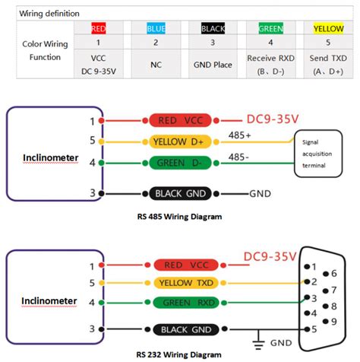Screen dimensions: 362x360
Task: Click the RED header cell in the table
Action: [x=99, y=28]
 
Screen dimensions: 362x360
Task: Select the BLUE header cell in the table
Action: [x=156, y=28]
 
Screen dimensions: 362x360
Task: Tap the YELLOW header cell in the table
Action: [x=328, y=28]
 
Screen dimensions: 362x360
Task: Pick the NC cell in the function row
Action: [x=156, y=65]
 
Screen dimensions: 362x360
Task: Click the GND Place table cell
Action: [x=213, y=65]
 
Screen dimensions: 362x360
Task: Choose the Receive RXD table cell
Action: [x=270, y=64]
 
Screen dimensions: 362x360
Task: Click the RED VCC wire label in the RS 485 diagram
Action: [x=182, y=120]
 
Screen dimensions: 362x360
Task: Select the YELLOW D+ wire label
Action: [x=182, y=141]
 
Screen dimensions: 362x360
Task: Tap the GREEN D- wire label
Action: [x=182, y=162]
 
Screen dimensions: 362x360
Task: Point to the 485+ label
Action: [x=241, y=135]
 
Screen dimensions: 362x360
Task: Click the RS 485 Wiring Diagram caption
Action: [x=179, y=217]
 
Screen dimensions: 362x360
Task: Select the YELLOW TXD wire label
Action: [x=182, y=283]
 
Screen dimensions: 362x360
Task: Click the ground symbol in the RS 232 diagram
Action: [x=260, y=341]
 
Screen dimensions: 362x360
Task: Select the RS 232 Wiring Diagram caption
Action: [x=179, y=354]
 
